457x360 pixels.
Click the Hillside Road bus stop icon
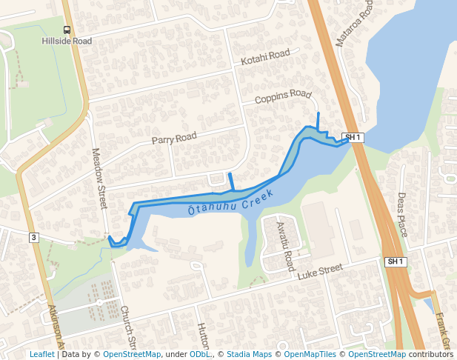coord(67,30)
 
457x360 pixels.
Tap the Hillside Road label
coord(67,41)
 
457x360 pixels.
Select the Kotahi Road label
coord(265,56)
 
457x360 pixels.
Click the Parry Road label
coord(174,138)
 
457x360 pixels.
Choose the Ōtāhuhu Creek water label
coord(231,202)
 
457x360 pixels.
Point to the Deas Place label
coord(402,214)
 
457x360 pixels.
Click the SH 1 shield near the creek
coord(353,137)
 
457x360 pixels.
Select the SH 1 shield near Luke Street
coord(396,261)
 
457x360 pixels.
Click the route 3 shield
coord(33,237)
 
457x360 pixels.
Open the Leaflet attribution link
coord(41,355)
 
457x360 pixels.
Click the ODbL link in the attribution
coord(200,355)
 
